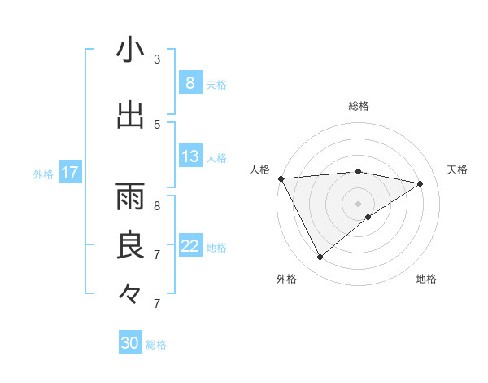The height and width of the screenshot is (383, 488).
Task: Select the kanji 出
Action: (x=130, y=114)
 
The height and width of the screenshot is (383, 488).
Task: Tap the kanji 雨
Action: (x=130, y=196)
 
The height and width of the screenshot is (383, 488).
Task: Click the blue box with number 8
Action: (x=190, y=83)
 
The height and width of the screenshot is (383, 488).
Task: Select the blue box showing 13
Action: (x=190, y=156)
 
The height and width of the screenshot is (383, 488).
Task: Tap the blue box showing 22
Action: (x=190, y=246)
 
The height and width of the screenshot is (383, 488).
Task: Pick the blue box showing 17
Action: (x=70, y=173)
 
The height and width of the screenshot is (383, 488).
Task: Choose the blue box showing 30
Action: (x=130, y=343)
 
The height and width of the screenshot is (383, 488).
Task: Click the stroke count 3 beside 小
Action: (x=157, y=59)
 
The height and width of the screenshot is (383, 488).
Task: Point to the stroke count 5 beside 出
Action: (x=157, y=124)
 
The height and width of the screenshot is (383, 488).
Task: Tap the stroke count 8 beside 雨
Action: (x=157, y=205)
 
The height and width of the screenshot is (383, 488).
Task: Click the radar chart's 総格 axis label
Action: (x=358, y=106)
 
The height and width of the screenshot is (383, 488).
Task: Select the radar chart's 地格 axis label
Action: (x=426, y=279)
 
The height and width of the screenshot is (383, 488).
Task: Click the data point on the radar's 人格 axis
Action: (x=281, y=178)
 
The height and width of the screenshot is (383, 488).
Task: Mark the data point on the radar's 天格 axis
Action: (x=420, y=183)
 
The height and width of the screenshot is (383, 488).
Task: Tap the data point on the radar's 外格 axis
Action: (x=320, y=258)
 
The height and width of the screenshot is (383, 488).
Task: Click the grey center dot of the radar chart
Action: (x=358, y=203)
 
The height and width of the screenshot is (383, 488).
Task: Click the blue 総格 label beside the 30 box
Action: (x=156, y=345)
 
